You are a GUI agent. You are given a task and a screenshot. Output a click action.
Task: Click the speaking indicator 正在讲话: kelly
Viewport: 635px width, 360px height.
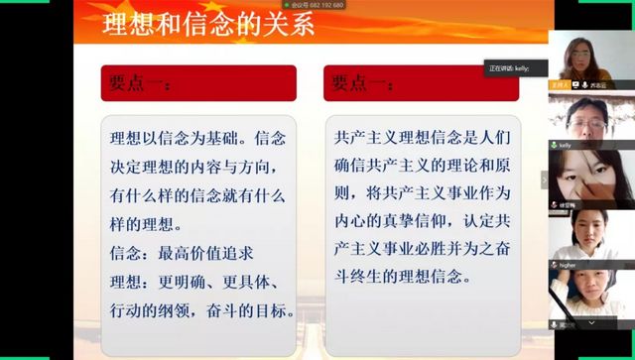point(515,67)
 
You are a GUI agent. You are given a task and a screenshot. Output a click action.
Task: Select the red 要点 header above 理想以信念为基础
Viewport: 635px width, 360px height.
point(198,83)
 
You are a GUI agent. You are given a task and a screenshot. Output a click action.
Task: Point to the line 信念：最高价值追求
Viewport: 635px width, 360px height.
point(174,252)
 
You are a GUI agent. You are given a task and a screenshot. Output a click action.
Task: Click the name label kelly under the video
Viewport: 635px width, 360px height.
point(567,145)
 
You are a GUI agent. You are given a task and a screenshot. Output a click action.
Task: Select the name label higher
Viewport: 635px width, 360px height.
point(569,265)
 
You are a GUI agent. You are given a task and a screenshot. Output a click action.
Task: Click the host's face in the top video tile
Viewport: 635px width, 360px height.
point(577,50)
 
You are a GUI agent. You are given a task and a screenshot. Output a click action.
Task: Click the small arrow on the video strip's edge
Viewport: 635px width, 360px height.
point(543,180)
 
